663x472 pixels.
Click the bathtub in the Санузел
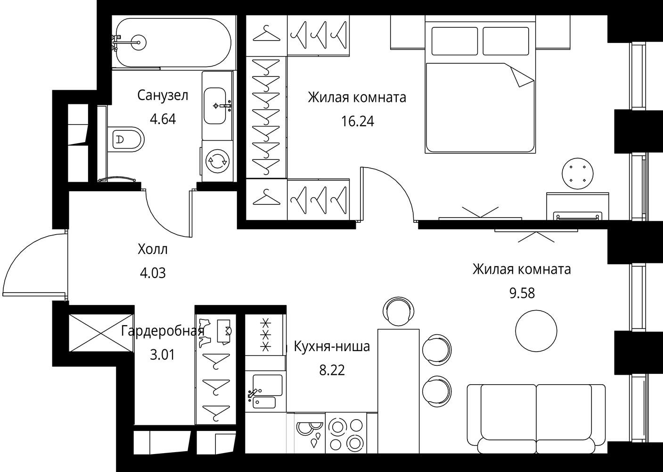[x=173, y=42]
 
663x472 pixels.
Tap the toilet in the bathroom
[x=125, y=139]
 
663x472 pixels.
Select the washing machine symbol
[x=217, y=161]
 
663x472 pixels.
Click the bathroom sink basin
[x=215, y=106]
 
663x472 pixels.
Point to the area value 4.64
[x=163, y=119]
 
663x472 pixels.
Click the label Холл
[x=152, y=249]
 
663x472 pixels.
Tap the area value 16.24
[x=358, y=121]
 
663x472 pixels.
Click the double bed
[x=480, y=84]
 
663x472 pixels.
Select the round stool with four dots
[x=577, y=173]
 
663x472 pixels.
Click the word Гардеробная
[x=163, y=331]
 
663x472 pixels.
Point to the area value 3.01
[x=162, y=355]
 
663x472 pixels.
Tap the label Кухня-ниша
[x=332, y=346]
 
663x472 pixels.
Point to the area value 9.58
[x=522, y=293]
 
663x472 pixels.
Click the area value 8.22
[x=332, y=371]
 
